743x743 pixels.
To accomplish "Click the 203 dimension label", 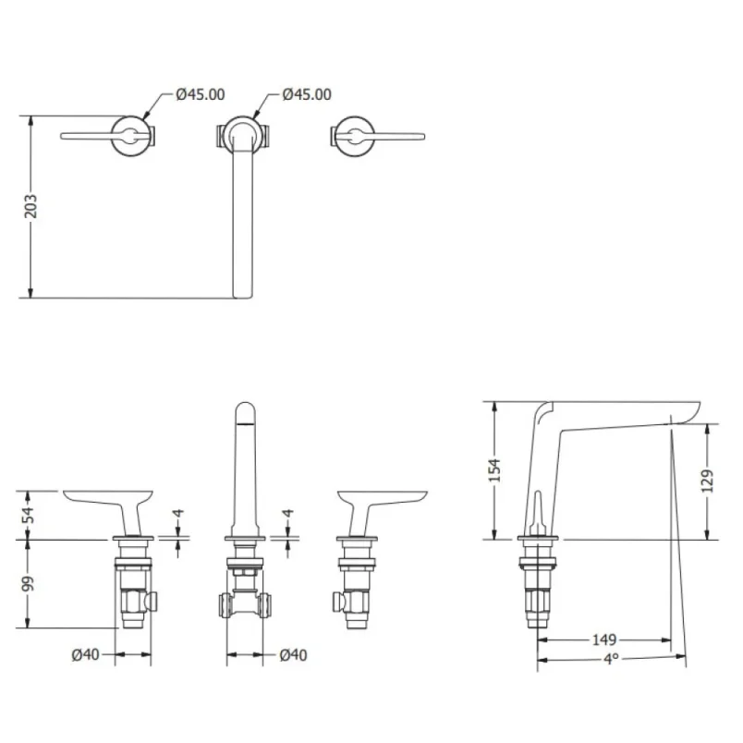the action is (x=30, y=206).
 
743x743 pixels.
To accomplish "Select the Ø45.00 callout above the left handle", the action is (x=200, y=94).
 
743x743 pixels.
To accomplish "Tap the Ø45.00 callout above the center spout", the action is (x=307, y=94).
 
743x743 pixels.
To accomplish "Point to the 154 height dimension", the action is (x=494, y=470).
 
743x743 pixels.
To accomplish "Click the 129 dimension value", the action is (x=708, y=481).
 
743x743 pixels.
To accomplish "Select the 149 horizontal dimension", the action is (x=604, y=639).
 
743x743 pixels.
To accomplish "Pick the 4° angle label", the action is (x=611, y=658).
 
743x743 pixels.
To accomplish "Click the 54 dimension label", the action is (x=30, y=515).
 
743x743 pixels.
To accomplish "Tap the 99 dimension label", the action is (x=30, y=584).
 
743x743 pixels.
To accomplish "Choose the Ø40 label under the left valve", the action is (x=85, y=654).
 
